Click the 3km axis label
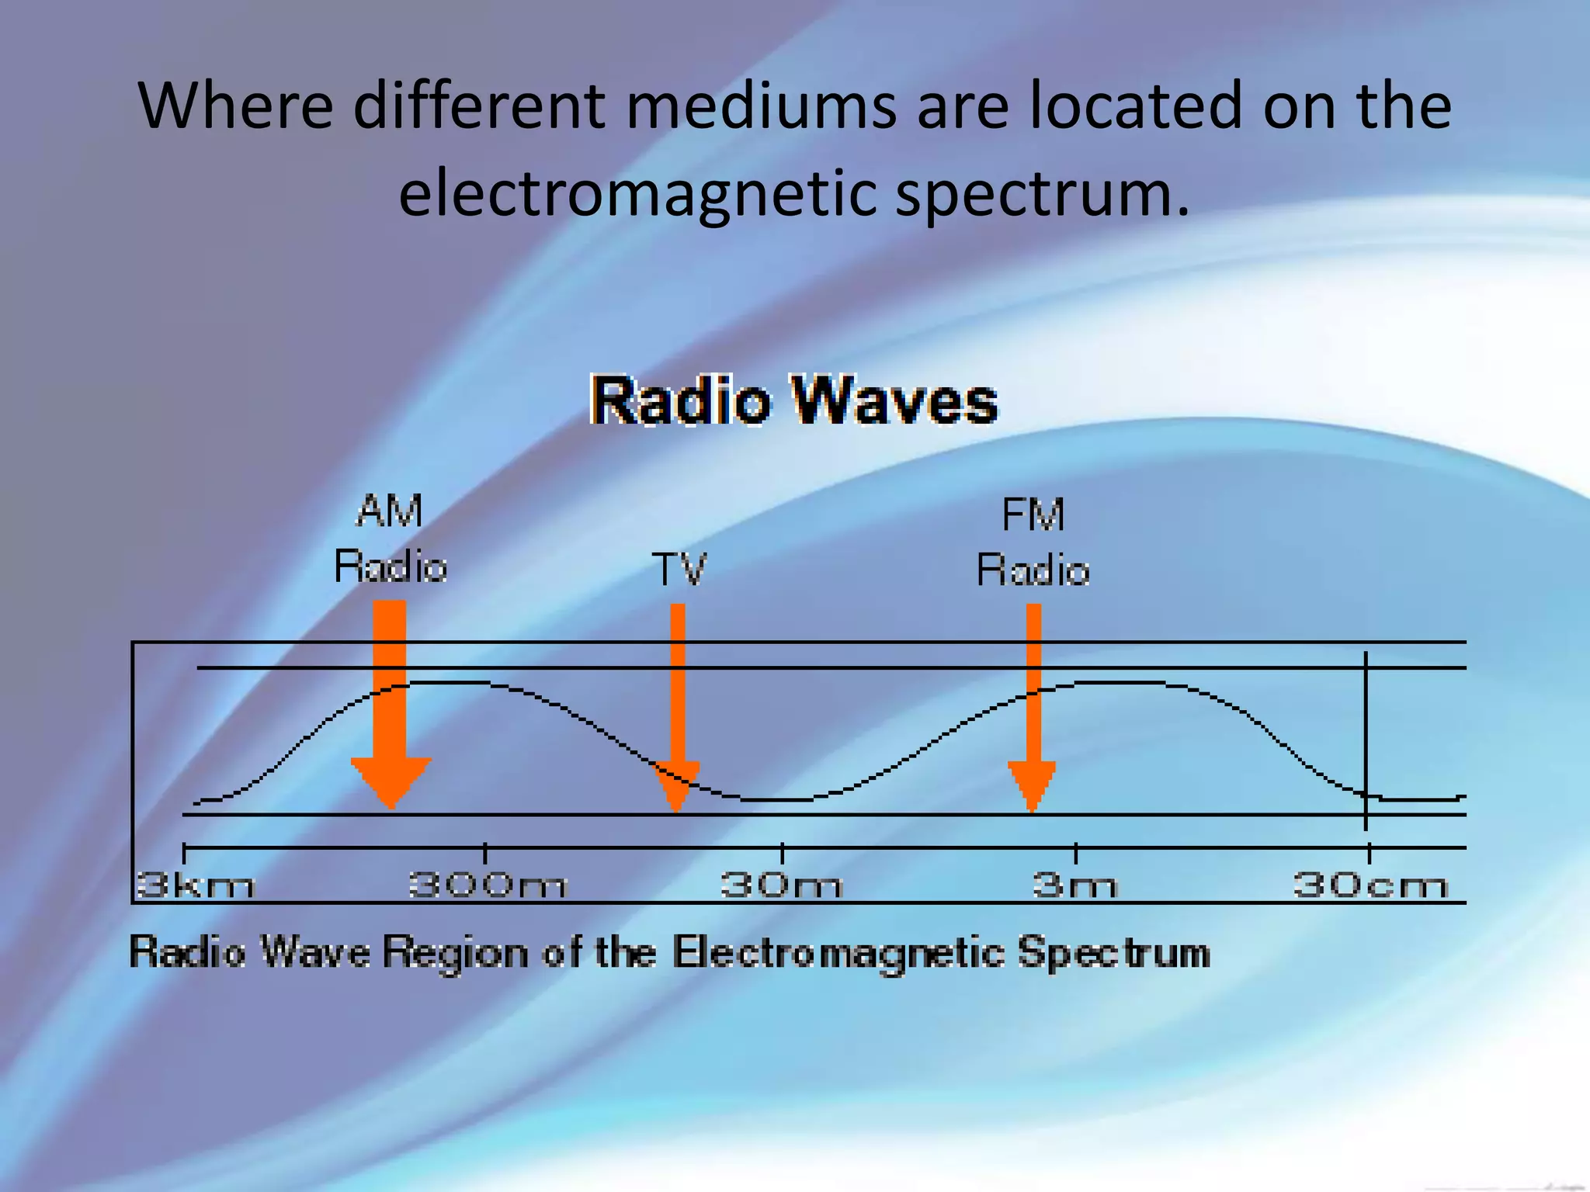tap(194, 885)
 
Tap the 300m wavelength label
tap(488, 885)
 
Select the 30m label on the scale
tap(781, 885)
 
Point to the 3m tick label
tap(1075, 885)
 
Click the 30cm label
tap(1370, 885)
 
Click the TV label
tap(679, 570)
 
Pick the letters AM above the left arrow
tap(390, 511)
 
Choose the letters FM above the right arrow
tap(1033, 515)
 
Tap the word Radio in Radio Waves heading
tap(681, 401)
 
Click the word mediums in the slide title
tap(761, 106)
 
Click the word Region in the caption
tap(455, 952)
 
